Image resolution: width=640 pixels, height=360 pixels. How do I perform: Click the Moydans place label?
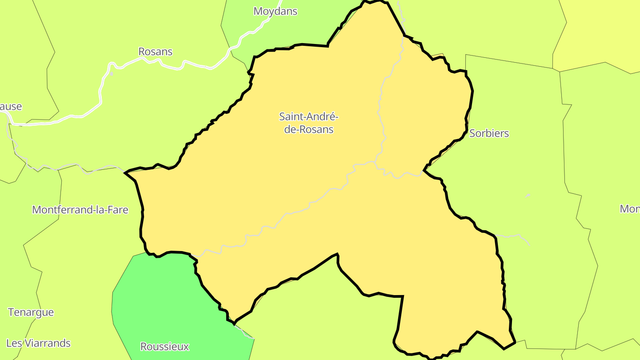click(275, 11)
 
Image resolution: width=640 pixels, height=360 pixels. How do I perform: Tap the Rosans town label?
click(155, 52)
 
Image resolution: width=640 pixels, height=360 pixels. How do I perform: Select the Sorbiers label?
click(489, 133)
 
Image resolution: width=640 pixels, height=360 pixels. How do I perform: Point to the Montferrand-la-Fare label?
click(80, 210)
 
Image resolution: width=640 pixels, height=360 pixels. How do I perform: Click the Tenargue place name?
click(31, 312)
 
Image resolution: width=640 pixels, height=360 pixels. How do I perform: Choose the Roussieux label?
click(164, 347)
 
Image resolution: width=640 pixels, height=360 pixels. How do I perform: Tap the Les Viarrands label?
click(38, 343)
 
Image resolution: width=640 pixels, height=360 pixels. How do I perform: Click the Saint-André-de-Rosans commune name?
click(308, 123)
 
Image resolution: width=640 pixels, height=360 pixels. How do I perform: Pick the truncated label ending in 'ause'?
click(11, 107)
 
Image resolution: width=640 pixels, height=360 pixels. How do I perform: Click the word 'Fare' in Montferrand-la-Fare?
click(117, 210)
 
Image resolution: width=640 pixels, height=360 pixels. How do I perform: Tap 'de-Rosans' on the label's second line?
click(308, 130)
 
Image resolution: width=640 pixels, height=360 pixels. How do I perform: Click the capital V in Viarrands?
click(28, 343)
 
